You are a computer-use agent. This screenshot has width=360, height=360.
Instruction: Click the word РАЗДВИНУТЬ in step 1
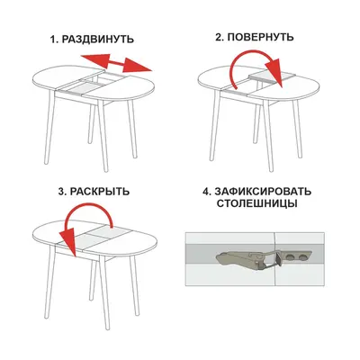click(98, 40)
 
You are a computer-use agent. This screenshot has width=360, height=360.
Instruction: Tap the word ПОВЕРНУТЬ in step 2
click(258, 37)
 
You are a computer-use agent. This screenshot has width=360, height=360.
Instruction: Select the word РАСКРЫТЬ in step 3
click(100, 192)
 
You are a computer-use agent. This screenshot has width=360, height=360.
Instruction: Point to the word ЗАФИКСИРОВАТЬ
click(262, 192)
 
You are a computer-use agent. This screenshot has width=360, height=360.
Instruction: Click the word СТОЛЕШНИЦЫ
click(256, 203)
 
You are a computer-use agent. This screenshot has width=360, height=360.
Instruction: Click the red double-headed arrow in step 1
click(116, 63)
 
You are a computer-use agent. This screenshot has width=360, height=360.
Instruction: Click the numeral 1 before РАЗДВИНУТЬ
click(53, 40)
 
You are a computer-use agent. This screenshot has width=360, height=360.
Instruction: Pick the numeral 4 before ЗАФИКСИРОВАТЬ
click(206, 192)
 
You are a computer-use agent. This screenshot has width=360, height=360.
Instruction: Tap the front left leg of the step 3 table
click(49, 282)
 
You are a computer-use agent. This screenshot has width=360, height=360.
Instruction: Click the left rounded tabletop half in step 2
click(222, 78)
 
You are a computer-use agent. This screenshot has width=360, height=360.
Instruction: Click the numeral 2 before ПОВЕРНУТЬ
click(219, 37)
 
